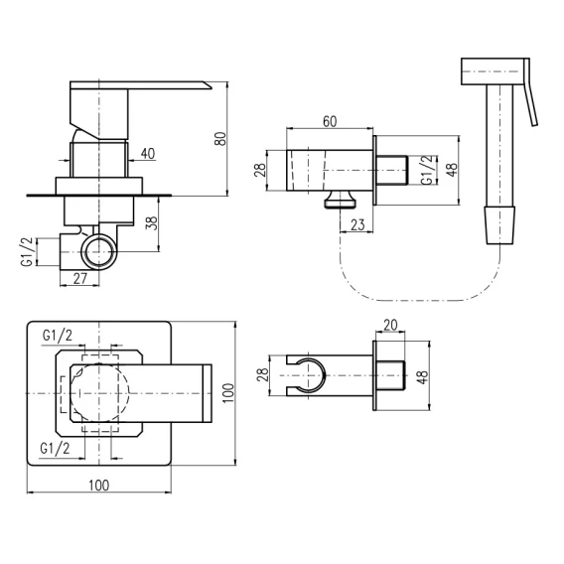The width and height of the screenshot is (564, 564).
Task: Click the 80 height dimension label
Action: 220,139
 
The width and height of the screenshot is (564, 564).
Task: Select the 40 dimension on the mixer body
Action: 148,154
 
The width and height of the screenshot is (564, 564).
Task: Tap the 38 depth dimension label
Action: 152,223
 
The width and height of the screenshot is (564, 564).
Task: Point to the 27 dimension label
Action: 79,278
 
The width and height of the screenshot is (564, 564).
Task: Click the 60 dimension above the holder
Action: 330,121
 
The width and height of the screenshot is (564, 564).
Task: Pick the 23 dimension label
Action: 357,224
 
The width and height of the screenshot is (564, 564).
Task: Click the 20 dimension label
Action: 390,325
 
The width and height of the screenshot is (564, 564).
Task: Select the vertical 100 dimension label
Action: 228,393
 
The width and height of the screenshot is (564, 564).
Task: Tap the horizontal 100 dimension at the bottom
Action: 99,486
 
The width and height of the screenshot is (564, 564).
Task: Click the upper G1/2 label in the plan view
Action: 58,336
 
